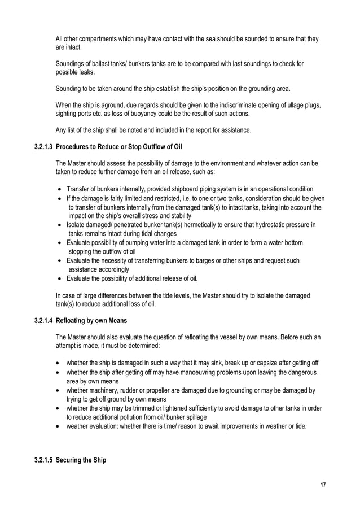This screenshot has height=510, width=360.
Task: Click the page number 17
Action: (x=323, y=485)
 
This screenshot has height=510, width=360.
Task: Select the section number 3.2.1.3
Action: (x=43, y=148)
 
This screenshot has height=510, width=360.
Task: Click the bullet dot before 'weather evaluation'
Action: (x=59, y=426)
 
